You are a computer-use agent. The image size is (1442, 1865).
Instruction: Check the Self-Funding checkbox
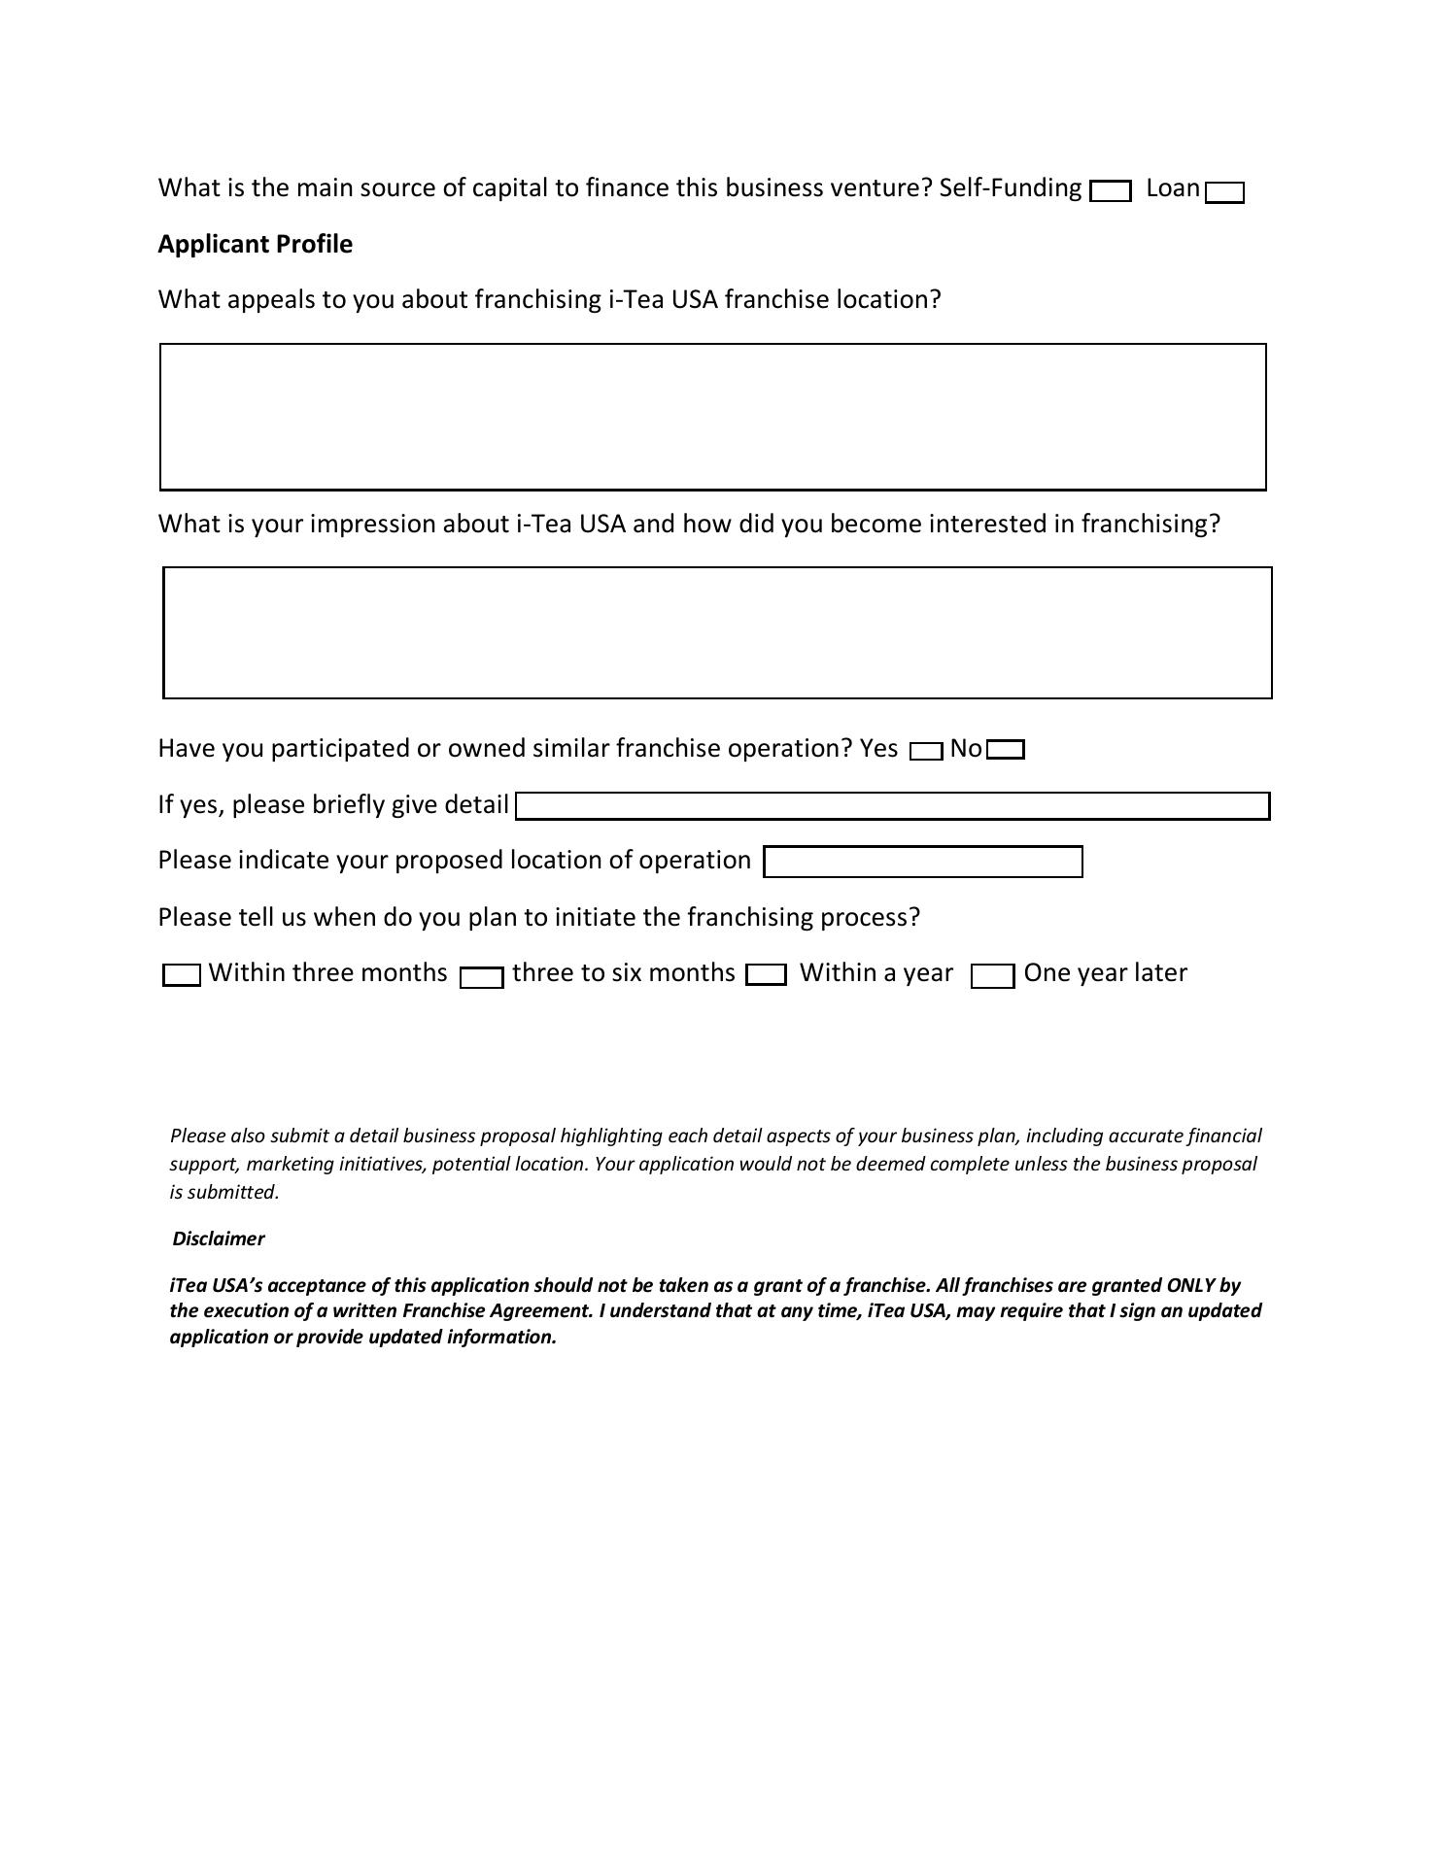point(1111,191)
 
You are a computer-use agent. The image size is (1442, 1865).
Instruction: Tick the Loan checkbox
point(1224,192)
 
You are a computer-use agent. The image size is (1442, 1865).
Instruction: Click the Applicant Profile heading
point(255,244)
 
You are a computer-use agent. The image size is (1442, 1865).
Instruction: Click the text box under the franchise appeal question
point(712,416)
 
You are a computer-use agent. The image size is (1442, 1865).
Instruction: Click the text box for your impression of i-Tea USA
point(717,632)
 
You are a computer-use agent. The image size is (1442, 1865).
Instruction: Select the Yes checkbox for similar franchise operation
point(926,751)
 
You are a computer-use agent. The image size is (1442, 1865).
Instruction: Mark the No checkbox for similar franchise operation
point(1006,750)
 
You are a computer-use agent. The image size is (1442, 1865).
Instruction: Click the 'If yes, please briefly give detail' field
point(892,806)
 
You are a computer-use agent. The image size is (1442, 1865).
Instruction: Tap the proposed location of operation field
point(922,862)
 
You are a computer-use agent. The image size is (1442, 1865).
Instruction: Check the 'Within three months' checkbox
point(182,974)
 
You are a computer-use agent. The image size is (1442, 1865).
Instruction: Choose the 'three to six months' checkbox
point(482,977)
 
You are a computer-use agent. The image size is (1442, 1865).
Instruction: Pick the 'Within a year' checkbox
point(766,974)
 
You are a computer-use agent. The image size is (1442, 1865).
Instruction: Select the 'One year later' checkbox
point(993,976)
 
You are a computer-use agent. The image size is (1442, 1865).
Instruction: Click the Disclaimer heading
point(219,1238)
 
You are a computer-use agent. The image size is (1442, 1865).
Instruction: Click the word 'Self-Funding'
point(1010,187)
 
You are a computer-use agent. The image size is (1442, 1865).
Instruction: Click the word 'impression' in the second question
point(372,524)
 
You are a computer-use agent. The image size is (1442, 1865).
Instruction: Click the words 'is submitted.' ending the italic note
point(224,1192)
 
